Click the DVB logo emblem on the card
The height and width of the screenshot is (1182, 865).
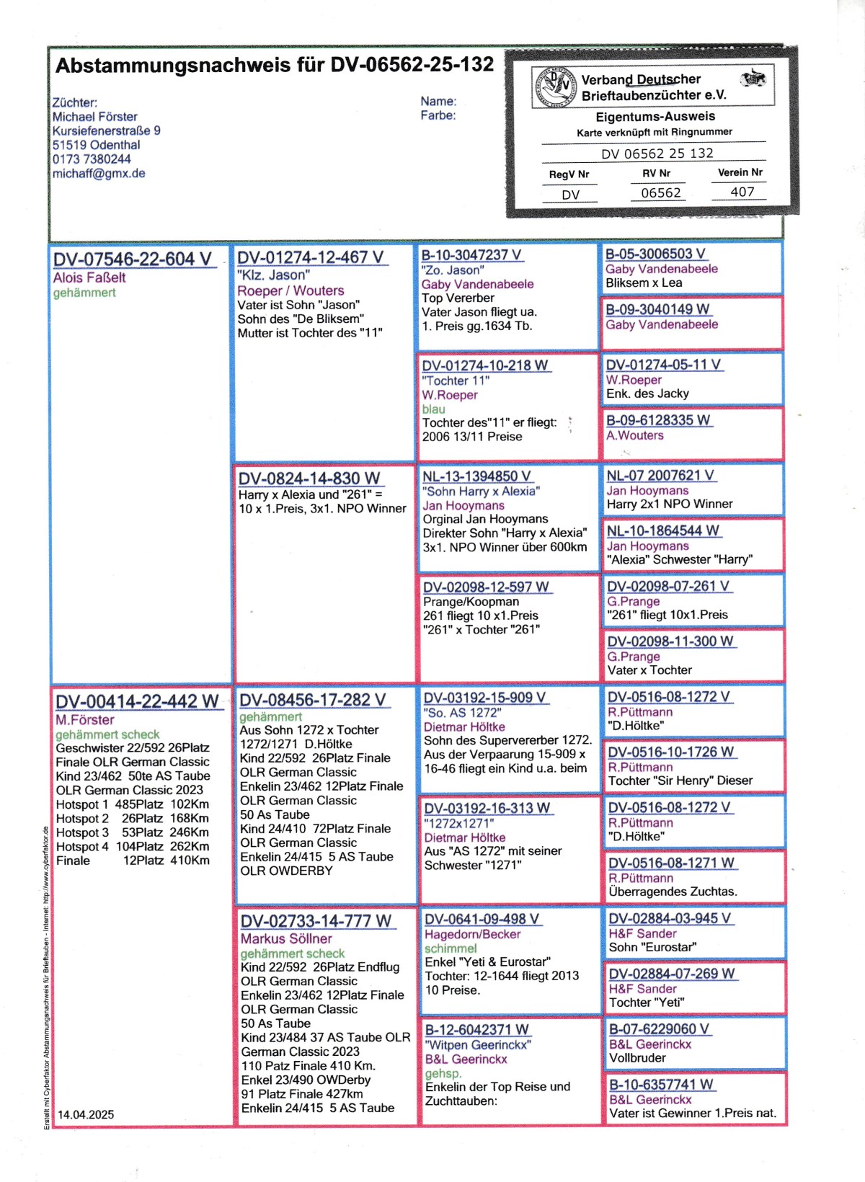coord(554,86)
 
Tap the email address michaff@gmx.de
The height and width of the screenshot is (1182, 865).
coord(99,174)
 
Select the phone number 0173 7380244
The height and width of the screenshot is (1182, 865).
coord(92,159)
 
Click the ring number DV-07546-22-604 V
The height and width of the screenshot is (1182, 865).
coord(133,259)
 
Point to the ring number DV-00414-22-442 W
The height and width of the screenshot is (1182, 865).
coord(137,701)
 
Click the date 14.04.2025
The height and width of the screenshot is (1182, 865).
coord(86,1114)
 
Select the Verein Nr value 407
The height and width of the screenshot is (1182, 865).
coord(742,192)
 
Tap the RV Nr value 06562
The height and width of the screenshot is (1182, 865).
coord(661,192)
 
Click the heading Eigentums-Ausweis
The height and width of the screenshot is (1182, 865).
coord(655,117)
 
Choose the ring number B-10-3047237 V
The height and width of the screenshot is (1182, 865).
coord(471,255)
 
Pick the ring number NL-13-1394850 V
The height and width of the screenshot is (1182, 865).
coord(476,476)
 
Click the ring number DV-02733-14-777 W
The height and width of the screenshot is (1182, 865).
coord(316,921)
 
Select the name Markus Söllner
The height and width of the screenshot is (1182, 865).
coord(286,939)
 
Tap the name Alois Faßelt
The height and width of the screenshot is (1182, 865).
coord(89,277)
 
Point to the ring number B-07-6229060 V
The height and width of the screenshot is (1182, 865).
coord(659,1029)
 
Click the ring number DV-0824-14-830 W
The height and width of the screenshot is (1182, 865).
coord(309,479)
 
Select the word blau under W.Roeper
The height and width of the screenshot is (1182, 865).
coord(433,409)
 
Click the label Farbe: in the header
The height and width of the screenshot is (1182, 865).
coord(438,115)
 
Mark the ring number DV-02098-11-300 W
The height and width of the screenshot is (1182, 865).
coord(670,641)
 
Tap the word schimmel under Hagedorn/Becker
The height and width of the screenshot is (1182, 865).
coord(451,948)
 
